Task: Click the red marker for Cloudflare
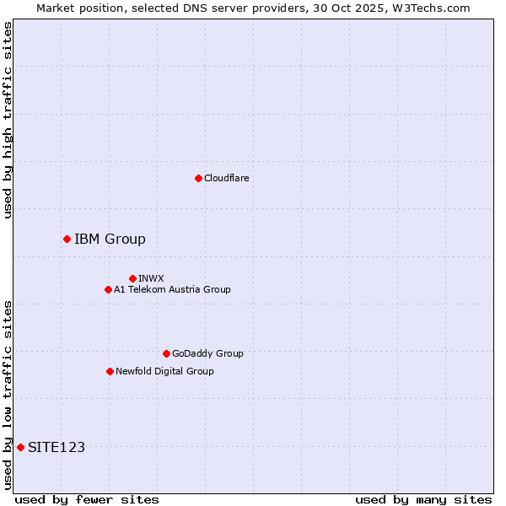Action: point(198,178)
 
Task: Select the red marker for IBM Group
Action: point(67,239)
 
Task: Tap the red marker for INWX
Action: point(132,278)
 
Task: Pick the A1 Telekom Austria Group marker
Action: point(108,289)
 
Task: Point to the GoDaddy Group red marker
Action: point(166,353)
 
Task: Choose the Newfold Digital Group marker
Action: point(110,371)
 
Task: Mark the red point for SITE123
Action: point(20,447)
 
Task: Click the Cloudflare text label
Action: point(226,178)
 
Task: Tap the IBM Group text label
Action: point(110,239)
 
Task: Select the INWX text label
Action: point(151,278)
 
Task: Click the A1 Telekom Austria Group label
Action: point(172,289)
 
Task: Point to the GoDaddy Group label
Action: point(207,353)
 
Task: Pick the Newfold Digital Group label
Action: point(164,371)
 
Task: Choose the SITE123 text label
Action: point(57,447)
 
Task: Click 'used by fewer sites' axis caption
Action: point(87,499)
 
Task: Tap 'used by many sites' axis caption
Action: point(423,499)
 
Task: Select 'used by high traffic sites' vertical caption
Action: point(8,120)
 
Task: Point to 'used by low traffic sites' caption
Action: point(8,394)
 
